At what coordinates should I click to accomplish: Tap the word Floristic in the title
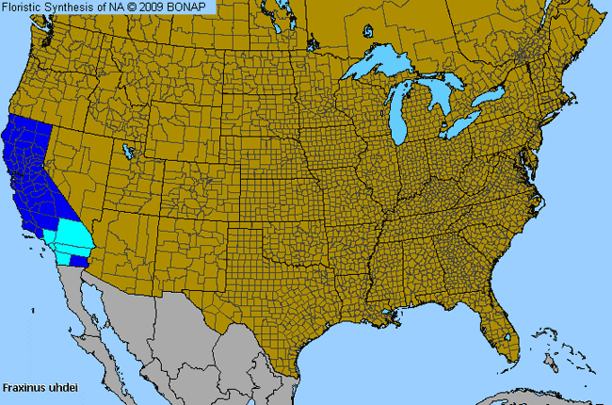[22, 7]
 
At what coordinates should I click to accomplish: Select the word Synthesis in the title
[68, 7]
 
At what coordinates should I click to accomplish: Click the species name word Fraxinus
[21, 387]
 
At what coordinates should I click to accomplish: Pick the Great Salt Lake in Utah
[128, 151]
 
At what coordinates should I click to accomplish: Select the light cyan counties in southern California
[69, 235]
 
